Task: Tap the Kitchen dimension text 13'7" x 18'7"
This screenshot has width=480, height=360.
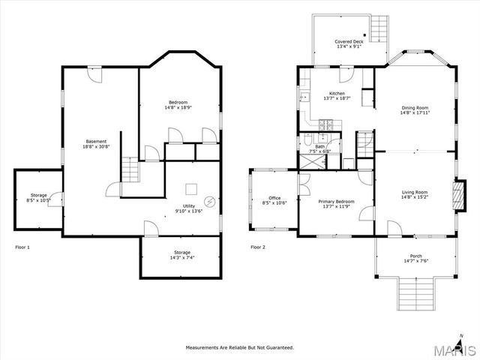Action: coord(337,98)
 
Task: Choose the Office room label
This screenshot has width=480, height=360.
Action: coord(274,198)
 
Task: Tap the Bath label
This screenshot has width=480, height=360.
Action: coord(319,146)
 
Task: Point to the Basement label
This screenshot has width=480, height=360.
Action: coord(96,141)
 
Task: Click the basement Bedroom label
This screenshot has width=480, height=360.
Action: coord(178,102)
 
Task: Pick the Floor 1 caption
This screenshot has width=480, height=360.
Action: coord(22,247)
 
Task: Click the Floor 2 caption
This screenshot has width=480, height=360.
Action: coord(258,247)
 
